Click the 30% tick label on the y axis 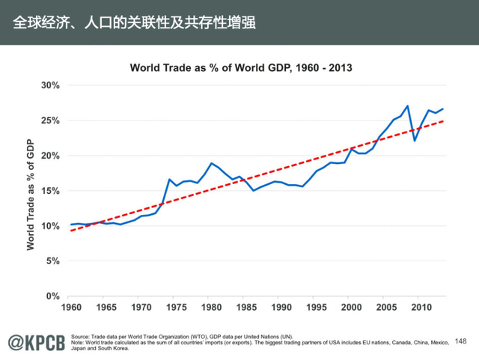click(x=49, y=85)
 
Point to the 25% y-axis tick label click(x=49, y=120)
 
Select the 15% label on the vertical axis click(x=49, y=191)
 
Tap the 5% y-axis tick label click(x=52, y=261)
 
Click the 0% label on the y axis click(x=52, y=296)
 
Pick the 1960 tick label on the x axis click(x=71, y=308)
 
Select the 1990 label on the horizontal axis click(x=278, y=308)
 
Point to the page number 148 click(x=460, y=341)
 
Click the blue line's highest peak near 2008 click(x=406, y=106)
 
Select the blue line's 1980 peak click(x=212, y=163)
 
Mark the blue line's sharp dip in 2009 click(x=414, y=140)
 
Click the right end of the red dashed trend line click(x=445, y=120)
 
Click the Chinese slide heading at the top click(x=135, y=22)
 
